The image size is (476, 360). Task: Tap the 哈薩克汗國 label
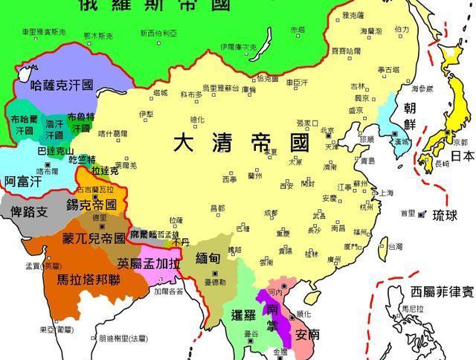tap(62, 86)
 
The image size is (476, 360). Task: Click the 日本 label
tap(462, 156)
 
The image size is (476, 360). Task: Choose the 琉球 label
tap(446, 215)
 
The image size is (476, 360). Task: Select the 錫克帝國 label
tap(91, 204)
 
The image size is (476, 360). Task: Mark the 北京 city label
tap(328, 130)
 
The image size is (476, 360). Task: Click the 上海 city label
tap(386, 193)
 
